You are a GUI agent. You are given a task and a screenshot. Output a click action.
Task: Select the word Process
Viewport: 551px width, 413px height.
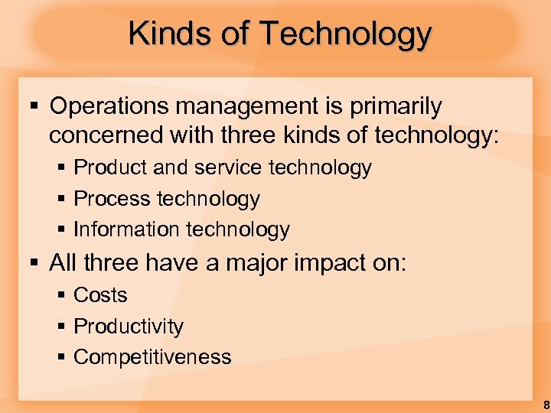pyautogui.click(x=112, y=199)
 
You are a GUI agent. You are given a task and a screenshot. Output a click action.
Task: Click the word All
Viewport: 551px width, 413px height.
pyautogui.click(x=64, y=263)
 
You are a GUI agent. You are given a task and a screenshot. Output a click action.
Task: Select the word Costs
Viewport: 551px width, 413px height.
pyautogui.click(x=100, y=295)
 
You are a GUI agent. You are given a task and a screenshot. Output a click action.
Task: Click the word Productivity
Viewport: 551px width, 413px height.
pyautogui.click(x=129, y=327)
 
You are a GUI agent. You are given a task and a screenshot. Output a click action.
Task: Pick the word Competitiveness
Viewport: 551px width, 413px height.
pyautogui.click(x=152, y=357)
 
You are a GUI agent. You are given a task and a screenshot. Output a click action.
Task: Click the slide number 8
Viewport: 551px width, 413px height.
pyautogui.click(x=543, y=405)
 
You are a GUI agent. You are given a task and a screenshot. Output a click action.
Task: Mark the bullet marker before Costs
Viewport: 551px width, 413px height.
pyautogui.click(x=60, y=295)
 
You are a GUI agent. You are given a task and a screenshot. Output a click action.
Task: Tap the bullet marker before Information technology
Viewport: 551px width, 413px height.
pyautogui.click(x=60, y=229)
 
